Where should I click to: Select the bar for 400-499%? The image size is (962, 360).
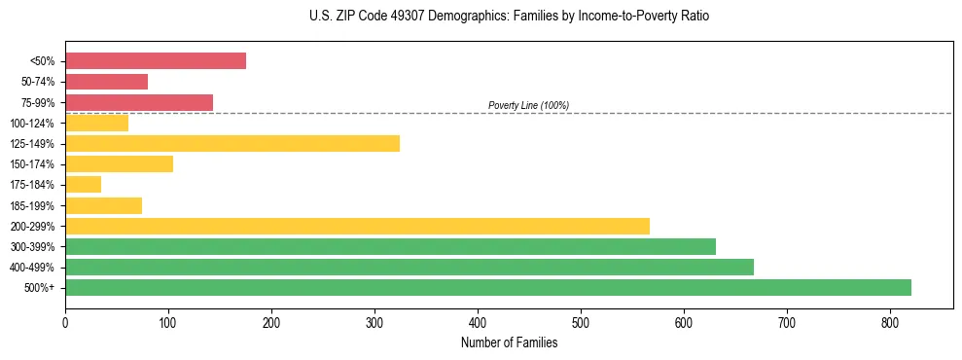pyautogui.click(x=410, y=267)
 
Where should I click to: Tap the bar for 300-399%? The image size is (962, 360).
pyautogui.click(x=390, y=246)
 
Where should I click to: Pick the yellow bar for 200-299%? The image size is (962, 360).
pyautogui.click(x=357, y=226)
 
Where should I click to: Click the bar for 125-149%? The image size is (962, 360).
pyautogui.click(x=232, y=143)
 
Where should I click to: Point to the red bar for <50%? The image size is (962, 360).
pyautogui.click(x=156, y=60)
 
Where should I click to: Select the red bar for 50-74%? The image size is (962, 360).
pyautogui.click(x=106, y=82)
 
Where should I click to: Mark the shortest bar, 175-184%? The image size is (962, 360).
pyautogui.click(x=83, y=184)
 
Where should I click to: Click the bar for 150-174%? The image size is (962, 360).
pyautogui.click(x=119, y=163)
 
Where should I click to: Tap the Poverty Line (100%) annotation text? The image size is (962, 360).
pyautogui.click(x=528, y=105)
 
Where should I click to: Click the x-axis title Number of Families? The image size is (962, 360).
pyautogui.click(x=509, y=342)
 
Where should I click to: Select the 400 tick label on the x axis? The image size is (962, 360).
pyautogui.click(x=478, y=321)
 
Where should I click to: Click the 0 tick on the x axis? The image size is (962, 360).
pyautogui.click(x=65, y=321)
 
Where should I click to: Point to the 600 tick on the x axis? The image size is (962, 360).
pyautogui.click(x=684, y=321)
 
